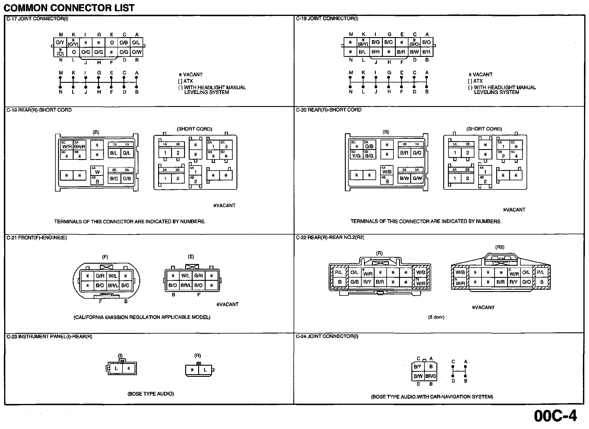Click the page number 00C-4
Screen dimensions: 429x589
point(555,416)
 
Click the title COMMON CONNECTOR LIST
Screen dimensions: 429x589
point(69,8)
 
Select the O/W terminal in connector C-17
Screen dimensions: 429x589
point(137,52)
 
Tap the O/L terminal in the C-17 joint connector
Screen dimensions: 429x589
point(136,43)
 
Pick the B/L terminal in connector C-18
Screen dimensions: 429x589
point(363,52)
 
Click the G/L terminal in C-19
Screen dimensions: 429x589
point(127,153)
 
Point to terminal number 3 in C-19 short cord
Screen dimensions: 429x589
point(226,146)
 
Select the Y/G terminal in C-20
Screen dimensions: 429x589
point(356,156)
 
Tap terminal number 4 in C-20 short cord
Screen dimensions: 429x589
point(516,156)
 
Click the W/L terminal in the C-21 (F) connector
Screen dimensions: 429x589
point(113,276)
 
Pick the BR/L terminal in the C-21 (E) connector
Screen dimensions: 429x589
point(186,285)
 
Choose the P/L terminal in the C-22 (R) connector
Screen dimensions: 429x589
point(339,273)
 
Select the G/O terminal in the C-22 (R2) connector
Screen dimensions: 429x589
point(526,282)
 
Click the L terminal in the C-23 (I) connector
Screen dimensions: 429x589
point(116,368)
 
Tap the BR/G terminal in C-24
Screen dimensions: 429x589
point(431,376)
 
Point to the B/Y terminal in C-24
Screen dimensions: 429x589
point(418,367)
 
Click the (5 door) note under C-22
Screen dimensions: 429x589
point(436,317)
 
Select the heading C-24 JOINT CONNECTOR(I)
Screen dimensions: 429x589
point(327,336)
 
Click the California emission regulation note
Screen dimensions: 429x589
point(142,317)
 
